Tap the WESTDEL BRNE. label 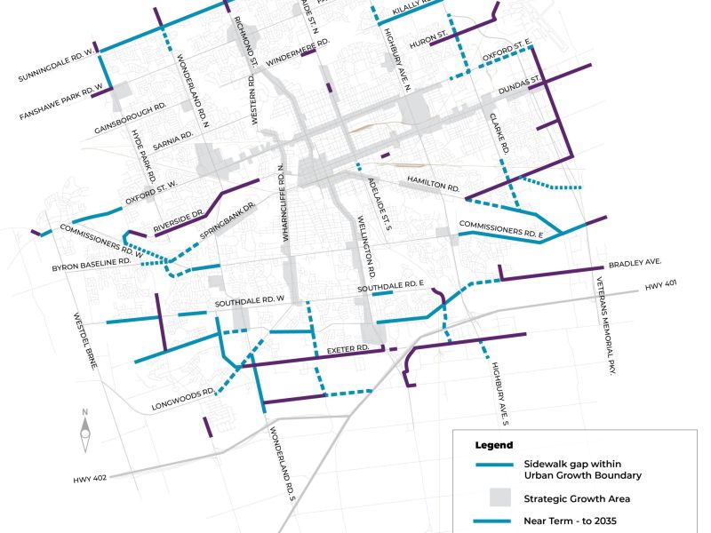point(91,336)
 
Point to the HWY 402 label point(90,478)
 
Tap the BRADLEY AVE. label point(636,265)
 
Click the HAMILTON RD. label point(433,183)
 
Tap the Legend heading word point(494,444)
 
